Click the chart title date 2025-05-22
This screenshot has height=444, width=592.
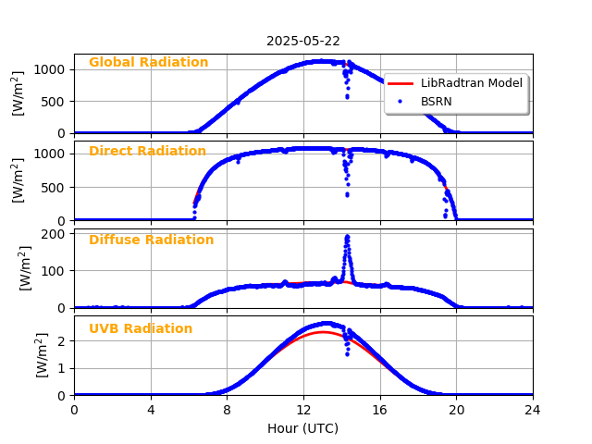tap(303, 41)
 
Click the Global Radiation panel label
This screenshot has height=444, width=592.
tap(148, 63)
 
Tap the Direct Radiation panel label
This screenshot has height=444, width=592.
tap(147, 152)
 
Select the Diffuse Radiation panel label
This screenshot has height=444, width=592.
tap(151, 240)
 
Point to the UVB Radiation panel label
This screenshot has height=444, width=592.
tap(141, 329)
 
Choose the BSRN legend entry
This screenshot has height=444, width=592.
tap(436, 101)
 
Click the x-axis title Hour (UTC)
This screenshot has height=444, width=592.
tap(303, 428)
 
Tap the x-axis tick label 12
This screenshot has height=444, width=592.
tap(303, 410)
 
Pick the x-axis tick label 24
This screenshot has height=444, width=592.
tap(533, 410)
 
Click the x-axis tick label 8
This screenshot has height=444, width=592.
tap(227, 410)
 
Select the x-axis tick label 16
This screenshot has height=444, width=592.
tap(380, 410)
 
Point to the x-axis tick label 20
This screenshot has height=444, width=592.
tap(456, 410)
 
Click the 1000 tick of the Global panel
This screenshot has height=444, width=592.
tap(50, 69)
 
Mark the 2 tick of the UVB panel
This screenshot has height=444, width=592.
tap(60, 341)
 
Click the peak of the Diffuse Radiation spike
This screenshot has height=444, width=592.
tap(347, 236)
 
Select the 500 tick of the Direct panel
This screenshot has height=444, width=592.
tap(54, 187)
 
